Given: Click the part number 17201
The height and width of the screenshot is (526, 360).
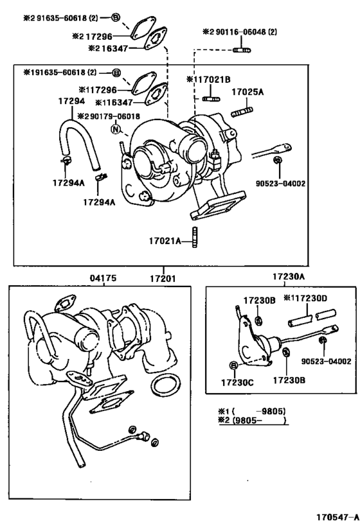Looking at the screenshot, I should pos(163,279).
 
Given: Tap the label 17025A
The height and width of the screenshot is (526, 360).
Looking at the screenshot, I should pos(247,92).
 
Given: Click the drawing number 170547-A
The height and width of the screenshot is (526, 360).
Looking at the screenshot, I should pos(336,516).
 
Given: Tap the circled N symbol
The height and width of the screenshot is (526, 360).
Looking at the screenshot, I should pos(116,128).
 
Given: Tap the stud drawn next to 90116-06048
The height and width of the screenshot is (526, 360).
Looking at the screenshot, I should pos(242,48).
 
